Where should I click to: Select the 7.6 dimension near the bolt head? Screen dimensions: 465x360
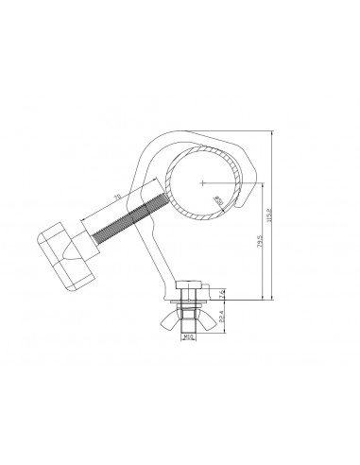222,293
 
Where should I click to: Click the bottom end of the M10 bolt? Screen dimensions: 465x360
190,333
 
